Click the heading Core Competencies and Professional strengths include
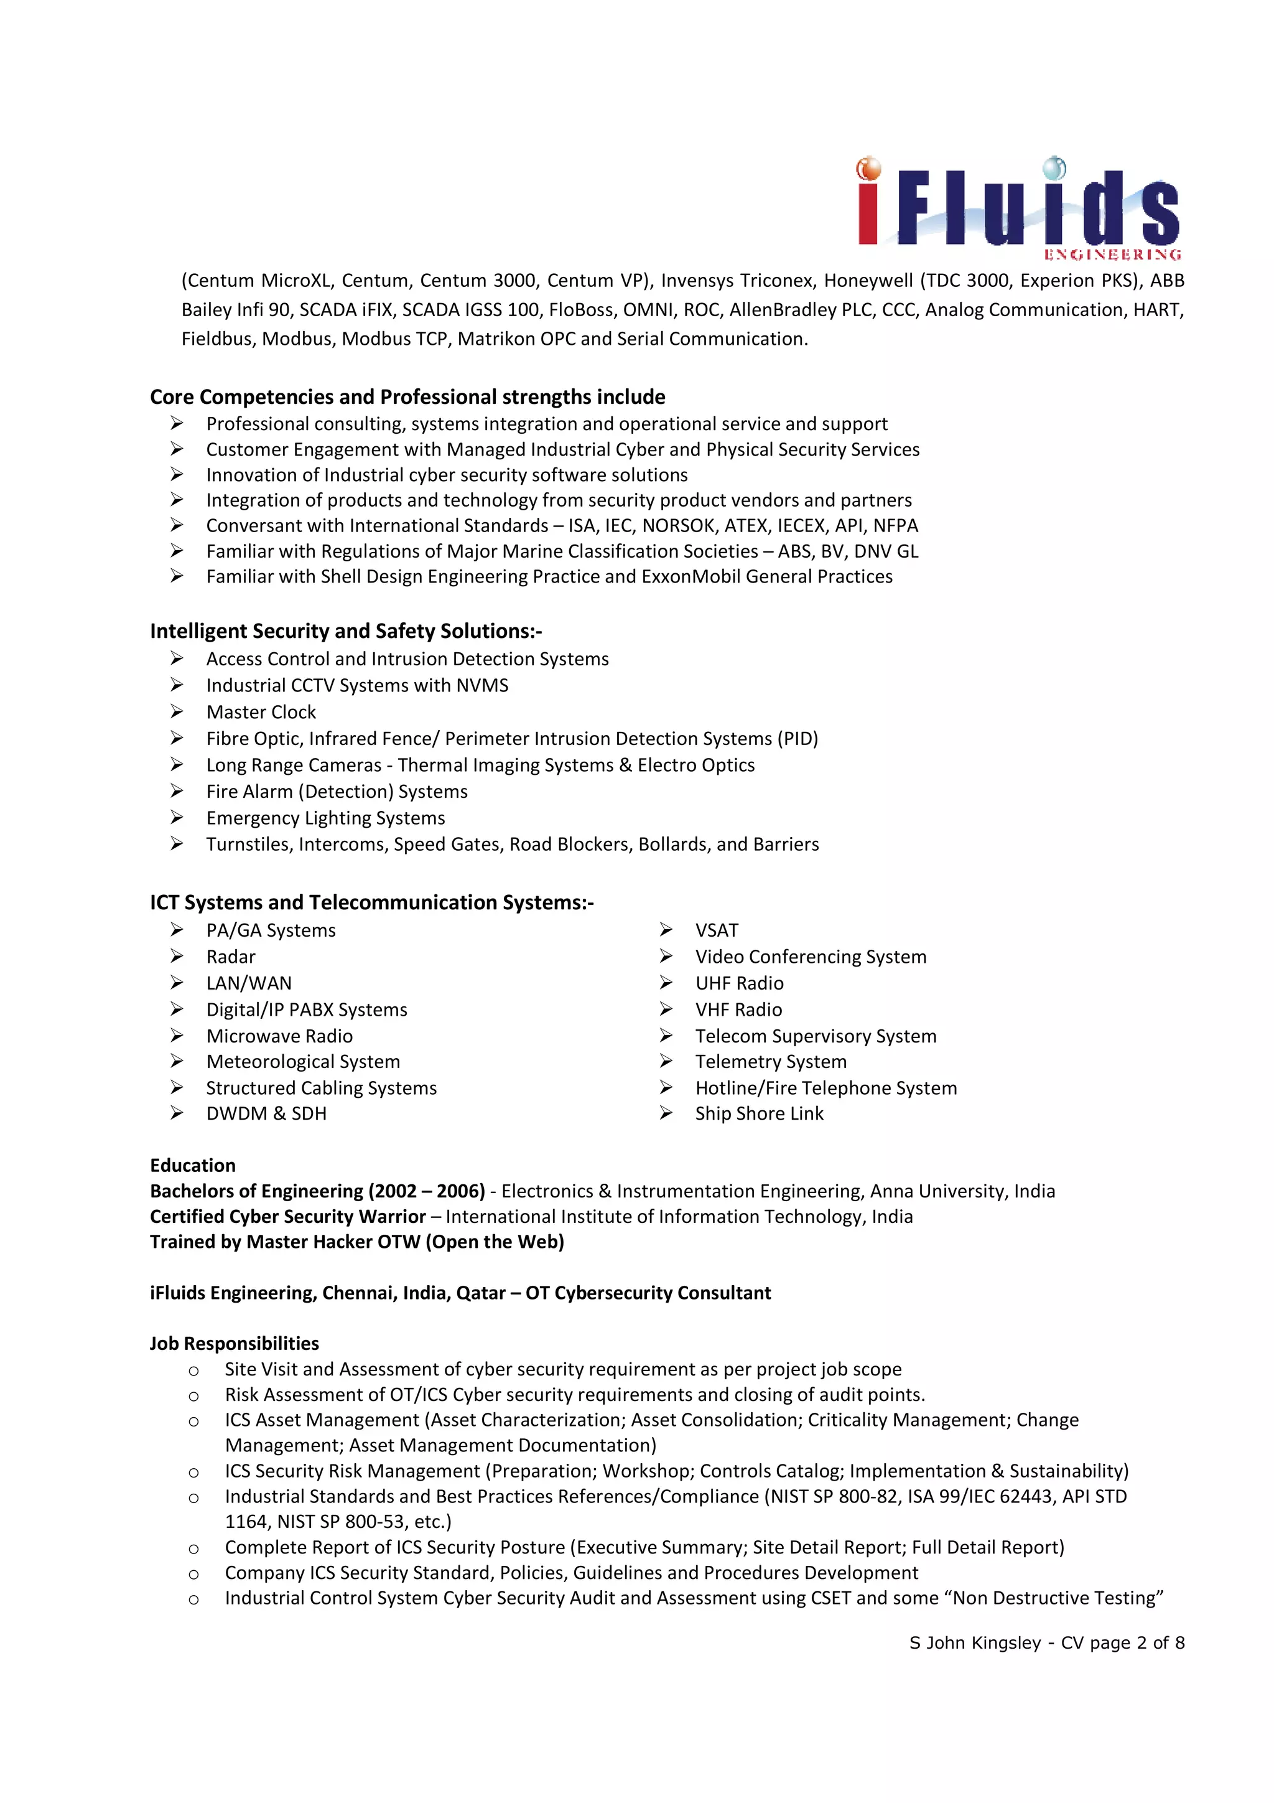407,396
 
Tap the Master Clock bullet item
261,712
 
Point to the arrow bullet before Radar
177,957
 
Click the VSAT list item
716,930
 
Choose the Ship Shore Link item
758,1113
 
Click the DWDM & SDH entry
266,1113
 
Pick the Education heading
192,1165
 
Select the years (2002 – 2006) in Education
426,1191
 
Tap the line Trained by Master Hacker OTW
356,1242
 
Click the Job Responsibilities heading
234,1344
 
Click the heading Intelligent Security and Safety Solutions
345,631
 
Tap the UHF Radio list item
738,983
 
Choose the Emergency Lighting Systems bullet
325,818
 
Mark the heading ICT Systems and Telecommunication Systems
371,903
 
